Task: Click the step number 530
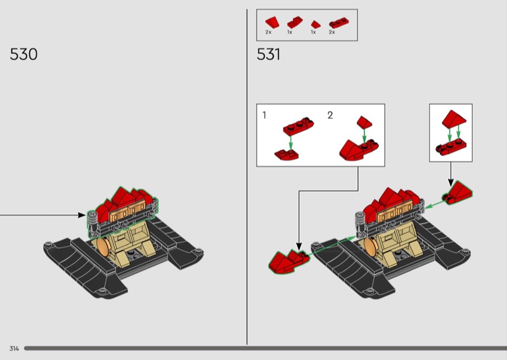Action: coord(23,55)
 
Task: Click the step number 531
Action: coord(268,55)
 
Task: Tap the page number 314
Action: coord(14,349)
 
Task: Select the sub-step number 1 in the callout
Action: coord(264,115)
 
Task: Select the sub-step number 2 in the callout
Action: coord(330,115)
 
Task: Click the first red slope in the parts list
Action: coord(273,22)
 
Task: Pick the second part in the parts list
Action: coord(295,22)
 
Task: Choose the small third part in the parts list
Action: coord(316,24)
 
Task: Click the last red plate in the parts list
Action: coord(339,23)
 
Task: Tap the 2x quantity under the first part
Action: coord(268,32)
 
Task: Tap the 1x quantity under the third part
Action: coord(313,32)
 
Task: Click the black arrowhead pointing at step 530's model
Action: coord(82,215)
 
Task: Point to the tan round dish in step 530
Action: coord(103,247)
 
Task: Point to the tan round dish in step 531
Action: coord(371,247)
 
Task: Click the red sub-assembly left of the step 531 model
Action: coord(288,260)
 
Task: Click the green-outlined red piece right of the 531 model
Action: coord(457,193)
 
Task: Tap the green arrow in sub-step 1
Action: coord(291,143)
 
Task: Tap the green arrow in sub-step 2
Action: coord(364,136)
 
